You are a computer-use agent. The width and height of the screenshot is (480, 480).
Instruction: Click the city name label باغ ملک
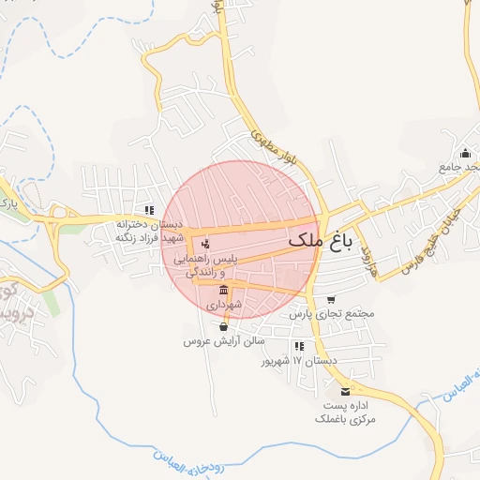coord(320,241)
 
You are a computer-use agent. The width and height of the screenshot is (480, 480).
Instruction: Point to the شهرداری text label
coord(224,305)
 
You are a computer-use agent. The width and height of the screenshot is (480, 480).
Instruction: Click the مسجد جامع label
coord(459,167)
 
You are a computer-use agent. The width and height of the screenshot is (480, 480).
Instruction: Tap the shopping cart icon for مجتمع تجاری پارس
coord(331,300)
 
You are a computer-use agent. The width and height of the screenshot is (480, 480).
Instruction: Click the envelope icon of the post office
coord(345,390)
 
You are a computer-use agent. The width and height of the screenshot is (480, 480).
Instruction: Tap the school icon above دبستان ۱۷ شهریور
coord(298,346)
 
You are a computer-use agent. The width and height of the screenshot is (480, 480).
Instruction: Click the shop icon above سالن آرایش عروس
coord(223,327)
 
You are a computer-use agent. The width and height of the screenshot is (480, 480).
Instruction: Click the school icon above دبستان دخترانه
coord(148,210)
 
